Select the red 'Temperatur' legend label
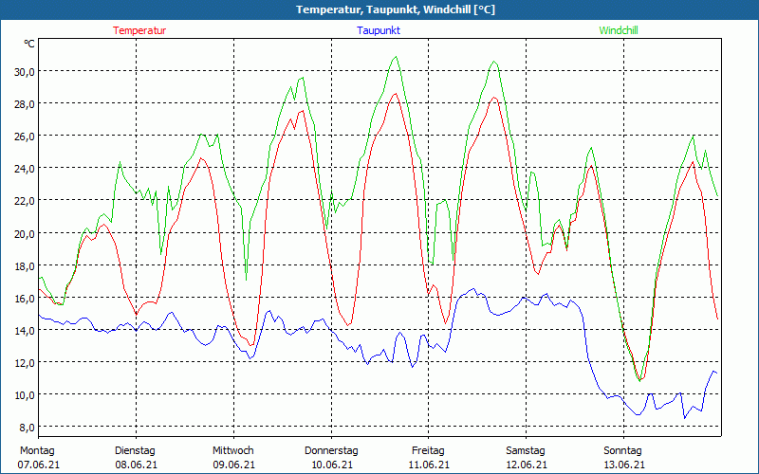(x=139, y=30)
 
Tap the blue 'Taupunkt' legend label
(x=379, y=30)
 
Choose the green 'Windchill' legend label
(x=619, y=30)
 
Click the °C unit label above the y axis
(x=29, y=44)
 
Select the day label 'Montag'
(x=37, y=450)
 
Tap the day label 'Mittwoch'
(x=233, y=450)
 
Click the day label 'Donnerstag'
(x=331, y=450)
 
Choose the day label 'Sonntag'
(x=623, y=450)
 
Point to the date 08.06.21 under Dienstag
(x=135, y=465)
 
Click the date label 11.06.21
(x=428, y=465)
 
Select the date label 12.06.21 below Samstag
(x=526, y=465)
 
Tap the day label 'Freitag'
(x=428, y=450)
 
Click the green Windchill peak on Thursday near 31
(x=396, y=57)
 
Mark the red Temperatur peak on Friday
(x=493, y=97)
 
